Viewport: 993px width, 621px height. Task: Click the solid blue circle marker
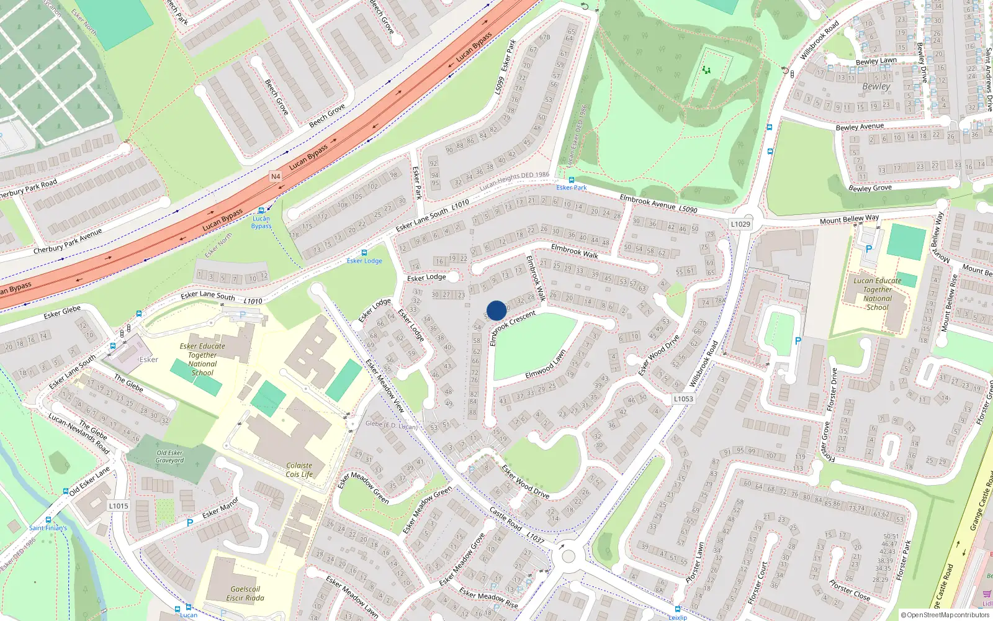496,310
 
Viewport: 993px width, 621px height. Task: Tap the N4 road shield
276,176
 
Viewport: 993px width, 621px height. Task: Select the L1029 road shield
740,224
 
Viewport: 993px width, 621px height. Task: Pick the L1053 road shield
683,399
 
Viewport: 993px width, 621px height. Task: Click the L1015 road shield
119,505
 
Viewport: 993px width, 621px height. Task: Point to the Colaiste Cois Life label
299,470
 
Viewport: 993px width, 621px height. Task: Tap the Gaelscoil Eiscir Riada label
245,594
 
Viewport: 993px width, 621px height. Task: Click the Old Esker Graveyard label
169,456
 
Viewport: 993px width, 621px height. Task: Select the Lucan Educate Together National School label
877,294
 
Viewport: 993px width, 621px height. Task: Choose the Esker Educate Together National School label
202,360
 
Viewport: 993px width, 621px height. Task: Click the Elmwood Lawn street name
546,365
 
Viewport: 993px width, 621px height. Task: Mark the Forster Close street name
850,590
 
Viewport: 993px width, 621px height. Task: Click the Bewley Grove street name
869,188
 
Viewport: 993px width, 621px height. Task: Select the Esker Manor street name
220,509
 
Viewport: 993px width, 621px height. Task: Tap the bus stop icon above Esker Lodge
364,253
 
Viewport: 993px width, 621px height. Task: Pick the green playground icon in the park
706,70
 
